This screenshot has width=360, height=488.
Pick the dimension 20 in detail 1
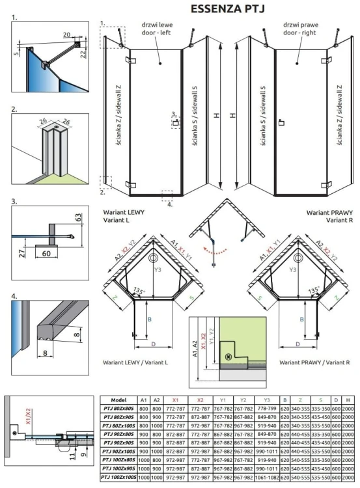[67, 34]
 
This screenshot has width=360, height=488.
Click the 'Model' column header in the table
[118, 400]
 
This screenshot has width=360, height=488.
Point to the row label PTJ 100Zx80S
[118, 460]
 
